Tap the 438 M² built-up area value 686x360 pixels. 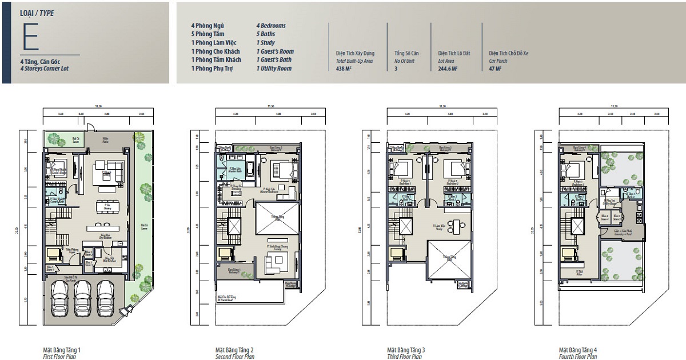pyautogui.click(x=344, y=69)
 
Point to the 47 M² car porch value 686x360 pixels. pyautogui.click(x=495, y=69)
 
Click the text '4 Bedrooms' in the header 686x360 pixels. pyautogui.click(x=271, y=26)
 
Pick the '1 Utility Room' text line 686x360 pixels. pyautogui.click(x=274, y=69)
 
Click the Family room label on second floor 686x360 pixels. pyautogui.click(x=275, y=248)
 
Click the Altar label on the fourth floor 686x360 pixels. pyautogui.click(x=579, y=273)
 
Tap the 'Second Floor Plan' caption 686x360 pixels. pyautogui.click(x=235, y=357)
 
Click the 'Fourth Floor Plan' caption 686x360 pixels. pyautogui.click(x=578, y=357)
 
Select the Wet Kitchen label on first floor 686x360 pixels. pyautogui.click(x=107, y=259)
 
